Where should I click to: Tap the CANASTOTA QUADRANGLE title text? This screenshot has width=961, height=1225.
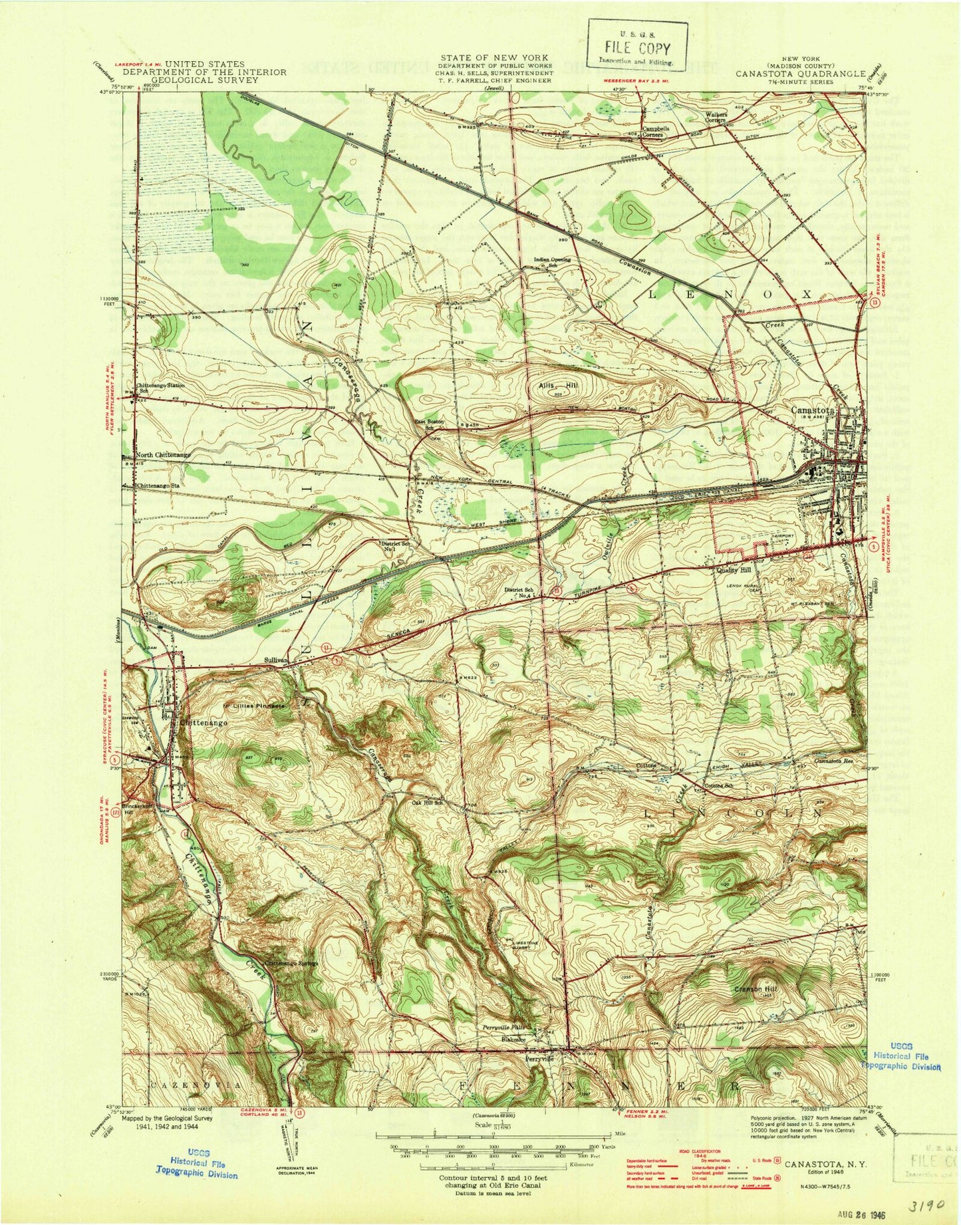800,74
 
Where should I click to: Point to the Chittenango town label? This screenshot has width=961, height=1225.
204,722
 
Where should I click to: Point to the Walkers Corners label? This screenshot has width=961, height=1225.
716,116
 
